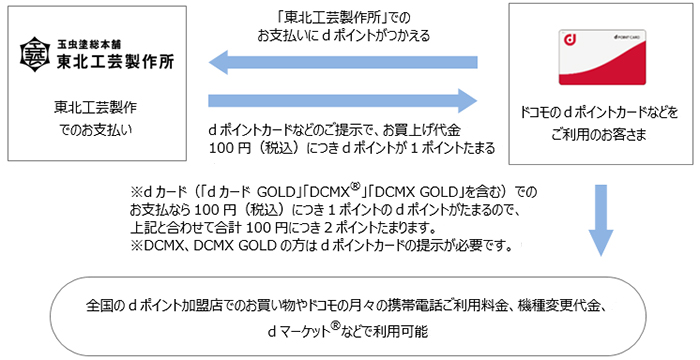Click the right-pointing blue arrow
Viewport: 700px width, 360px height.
point(341,101)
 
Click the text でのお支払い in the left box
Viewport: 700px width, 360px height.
point(96,129)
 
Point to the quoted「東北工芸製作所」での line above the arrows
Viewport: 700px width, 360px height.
point(342,15)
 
